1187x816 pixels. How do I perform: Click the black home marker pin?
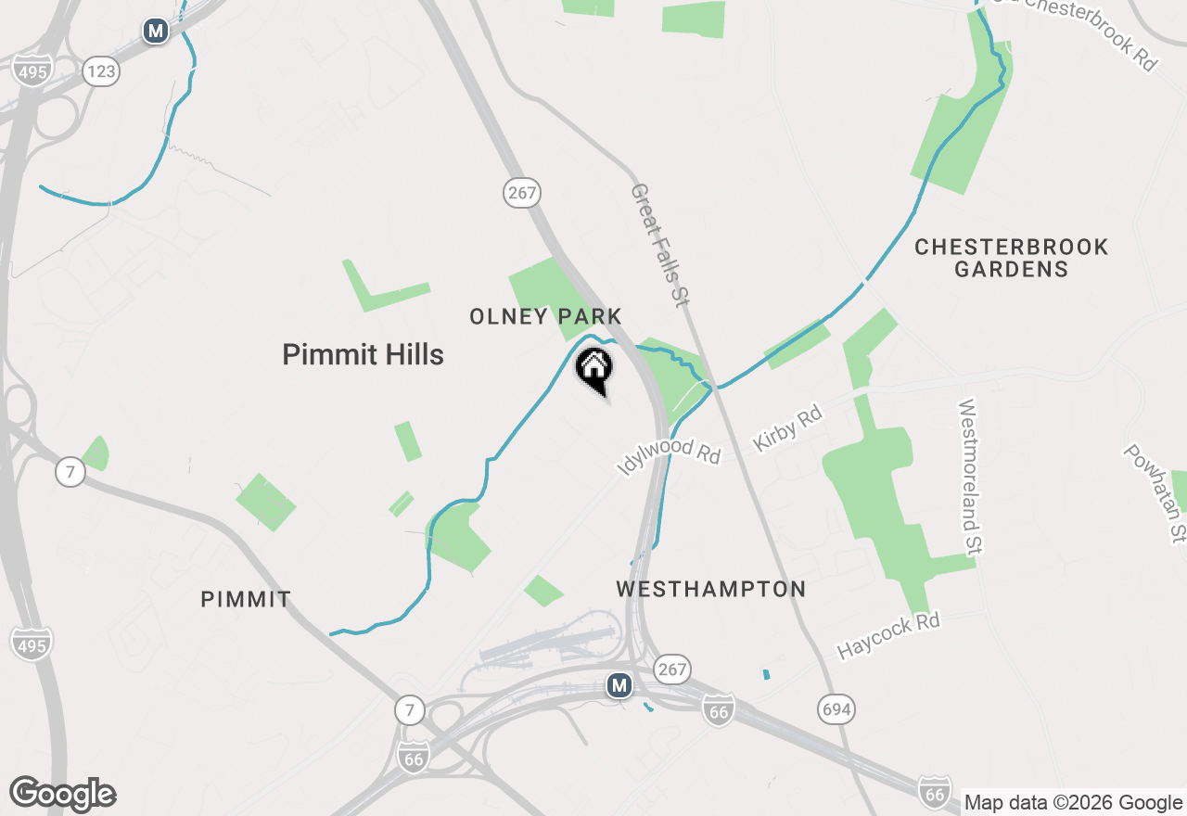(x=594, y=369)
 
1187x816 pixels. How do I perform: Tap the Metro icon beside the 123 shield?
(x=156, y=32)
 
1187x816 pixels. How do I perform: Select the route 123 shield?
(x=101, y=70)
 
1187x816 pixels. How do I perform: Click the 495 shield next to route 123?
(x=32, y=70)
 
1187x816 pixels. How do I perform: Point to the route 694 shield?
(x=836, y=710)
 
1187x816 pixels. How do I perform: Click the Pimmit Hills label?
(x=363, y=354)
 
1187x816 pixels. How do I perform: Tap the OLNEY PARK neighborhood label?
(x=545, y=317)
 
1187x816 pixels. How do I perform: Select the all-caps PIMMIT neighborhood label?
(x=246, y=600)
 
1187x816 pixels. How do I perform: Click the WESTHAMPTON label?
(x=711, y=589)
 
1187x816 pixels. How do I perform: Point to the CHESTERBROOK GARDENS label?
(x=1011, y=258)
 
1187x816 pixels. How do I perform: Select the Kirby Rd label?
(x=788, y=427)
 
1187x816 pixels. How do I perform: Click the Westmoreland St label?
(x=970, y=477)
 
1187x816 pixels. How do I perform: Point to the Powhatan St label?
(x=1155, y=492)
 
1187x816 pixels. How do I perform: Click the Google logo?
(x=63, y=795)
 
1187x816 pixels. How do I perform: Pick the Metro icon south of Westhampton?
(x=619, y=686)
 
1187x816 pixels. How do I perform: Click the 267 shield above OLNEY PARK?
(x=523, y=193)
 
